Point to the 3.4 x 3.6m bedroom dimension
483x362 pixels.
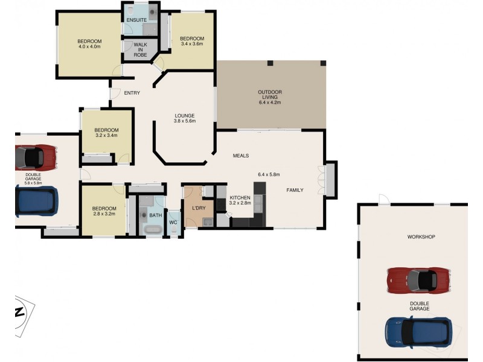click(x=191, y=43)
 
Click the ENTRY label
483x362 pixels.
click(x=132, y=93)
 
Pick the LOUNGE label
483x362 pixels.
click(x=184, y=116)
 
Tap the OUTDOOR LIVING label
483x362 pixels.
click(x=270, y=97)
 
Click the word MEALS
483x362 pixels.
click(x=241, y=156)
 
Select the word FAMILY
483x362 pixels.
click(x=295, y=190)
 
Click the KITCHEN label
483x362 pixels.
click(x=240, y=197)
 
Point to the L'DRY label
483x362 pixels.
click(x=199, y=209)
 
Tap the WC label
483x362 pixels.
click(x=173, y=223)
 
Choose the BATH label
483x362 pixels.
click(x=156, y=215)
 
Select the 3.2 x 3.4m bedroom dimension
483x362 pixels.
click(x=106, y=136)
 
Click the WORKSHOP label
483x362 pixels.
click(x=421, y=237)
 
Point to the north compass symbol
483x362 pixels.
click(x=19, y=312)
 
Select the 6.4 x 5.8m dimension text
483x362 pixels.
click(x=269, y=174)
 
